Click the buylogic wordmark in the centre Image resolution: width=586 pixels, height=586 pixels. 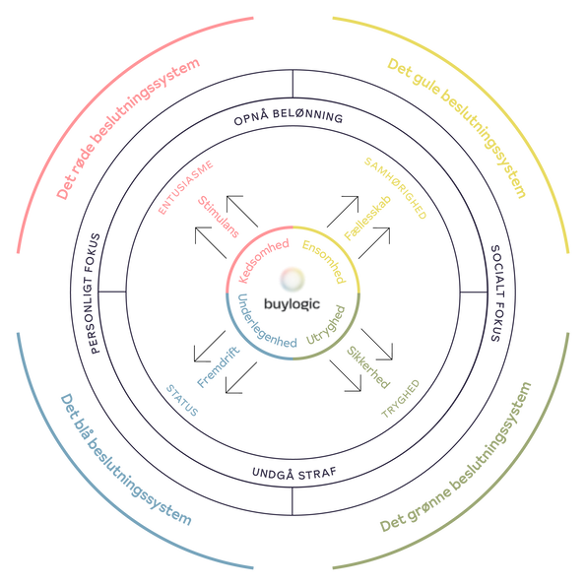(292, 304)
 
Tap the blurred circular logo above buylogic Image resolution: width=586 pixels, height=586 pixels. (293, 279)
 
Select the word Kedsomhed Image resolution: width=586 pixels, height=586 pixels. (264, 260)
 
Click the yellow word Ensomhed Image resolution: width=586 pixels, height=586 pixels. (324, 262)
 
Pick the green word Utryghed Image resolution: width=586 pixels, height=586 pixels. (326, 325)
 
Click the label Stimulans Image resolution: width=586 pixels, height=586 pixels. (219, 217)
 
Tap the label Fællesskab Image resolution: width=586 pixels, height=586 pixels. (367, 218)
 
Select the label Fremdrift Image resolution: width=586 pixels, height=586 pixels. (219, 367)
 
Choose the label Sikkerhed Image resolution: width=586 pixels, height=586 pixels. (368, 367)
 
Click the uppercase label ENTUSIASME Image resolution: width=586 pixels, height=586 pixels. (186, 187)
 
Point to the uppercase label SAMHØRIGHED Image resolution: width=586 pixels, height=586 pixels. (395, 188)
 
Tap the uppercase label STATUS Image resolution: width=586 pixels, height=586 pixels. (182, 400)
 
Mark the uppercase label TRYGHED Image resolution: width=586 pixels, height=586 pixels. (400, 399)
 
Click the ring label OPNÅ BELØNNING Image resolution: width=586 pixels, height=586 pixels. (289, 116)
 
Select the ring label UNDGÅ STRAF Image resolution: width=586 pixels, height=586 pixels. (294, 473)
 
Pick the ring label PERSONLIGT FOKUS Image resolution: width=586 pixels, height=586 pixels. (96, 293)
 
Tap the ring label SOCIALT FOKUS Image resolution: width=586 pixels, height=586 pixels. (495, 293)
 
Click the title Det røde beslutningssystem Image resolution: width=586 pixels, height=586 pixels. (128, 128)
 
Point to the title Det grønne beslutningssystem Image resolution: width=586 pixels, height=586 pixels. (456, 457)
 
